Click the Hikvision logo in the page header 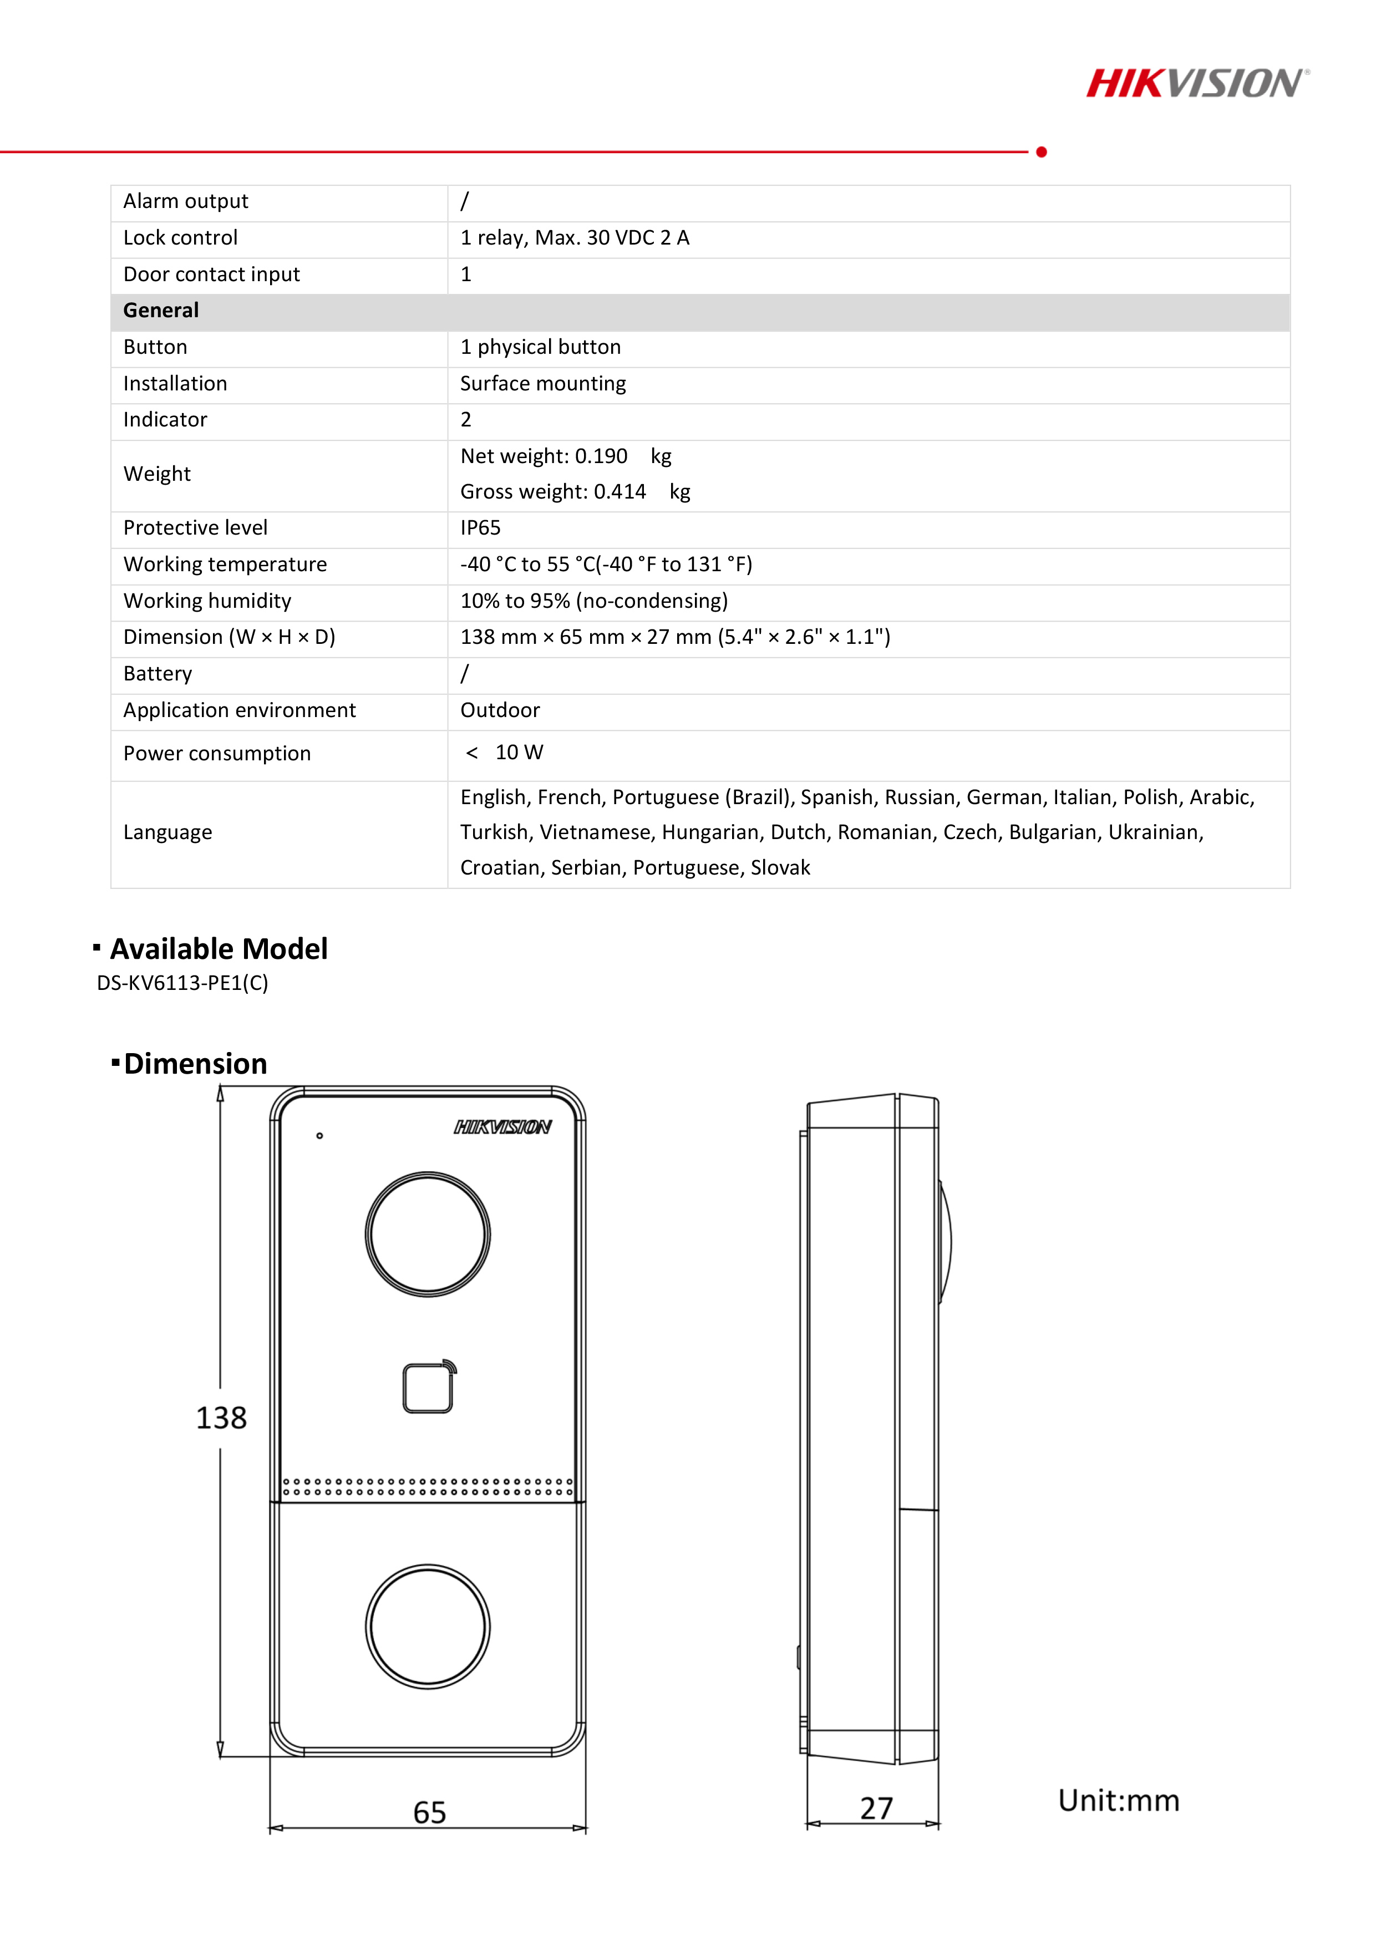click(1196, 84)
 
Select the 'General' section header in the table click(161, 310)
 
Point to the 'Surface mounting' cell click(542, 384)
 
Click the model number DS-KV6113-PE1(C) click(182, 983)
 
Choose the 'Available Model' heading click(218, 948)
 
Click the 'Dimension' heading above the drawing click(195, 1064)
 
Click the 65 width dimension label click(429, 1813)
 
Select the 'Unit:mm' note click(1118, 1800)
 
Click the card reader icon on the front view click(428, 1388)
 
